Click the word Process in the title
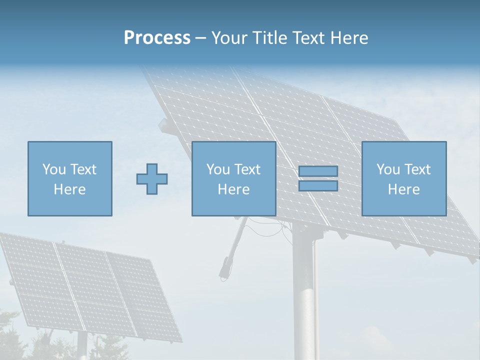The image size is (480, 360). (x=157, y=38)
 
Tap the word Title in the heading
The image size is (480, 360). (x=270, y=38)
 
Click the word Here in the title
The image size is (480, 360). (x=349, y=38)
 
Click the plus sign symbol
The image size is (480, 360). (x=152, y=179)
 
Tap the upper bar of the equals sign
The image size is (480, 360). (x=318, y=171)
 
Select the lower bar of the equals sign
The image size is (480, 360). (x=318, y=185)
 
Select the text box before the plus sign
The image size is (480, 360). (x=69, y=178)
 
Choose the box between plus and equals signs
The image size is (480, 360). (x=233, y=178)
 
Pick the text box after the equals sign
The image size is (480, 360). (x=403, y=178)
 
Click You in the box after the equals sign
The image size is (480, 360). (x=388, y=169)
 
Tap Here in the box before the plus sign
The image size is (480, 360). (x=69, y=189)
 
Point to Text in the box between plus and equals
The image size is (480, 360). (x=247, y=169)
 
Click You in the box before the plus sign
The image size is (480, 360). (x=54, y=169)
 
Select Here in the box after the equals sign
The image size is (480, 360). (x=403, y=189)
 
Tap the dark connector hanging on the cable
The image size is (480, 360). (x=224, y=267)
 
